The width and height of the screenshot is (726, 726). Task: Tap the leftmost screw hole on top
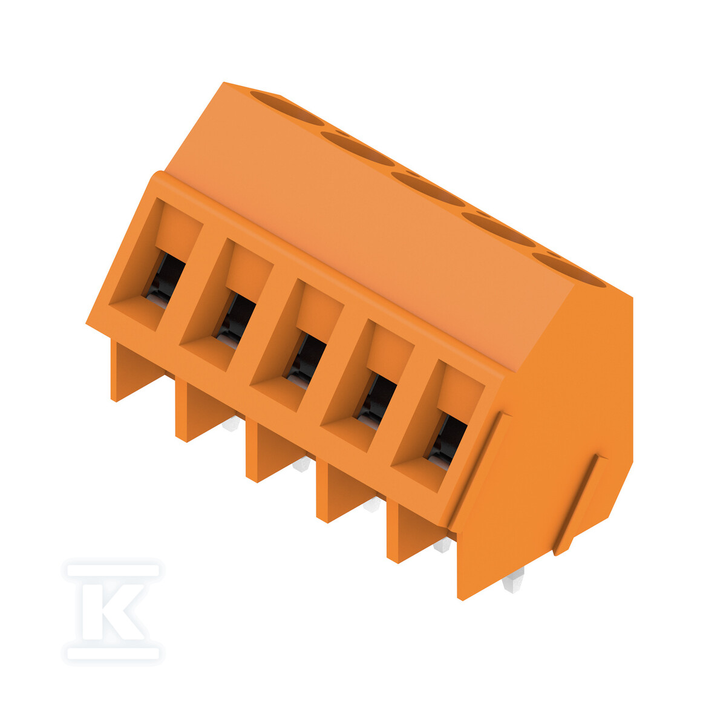pyautogui.click(x=287, y=108)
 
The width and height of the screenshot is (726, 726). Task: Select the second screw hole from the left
pyautogui.click(x=358, y=149)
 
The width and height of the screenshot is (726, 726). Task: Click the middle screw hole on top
pyautogui.click(x=428, y=189)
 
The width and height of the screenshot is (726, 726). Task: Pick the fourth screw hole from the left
pyautogui.click(x=499, y=230)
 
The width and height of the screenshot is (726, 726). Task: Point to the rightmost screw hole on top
pyautogui.click(x=569, y=270)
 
